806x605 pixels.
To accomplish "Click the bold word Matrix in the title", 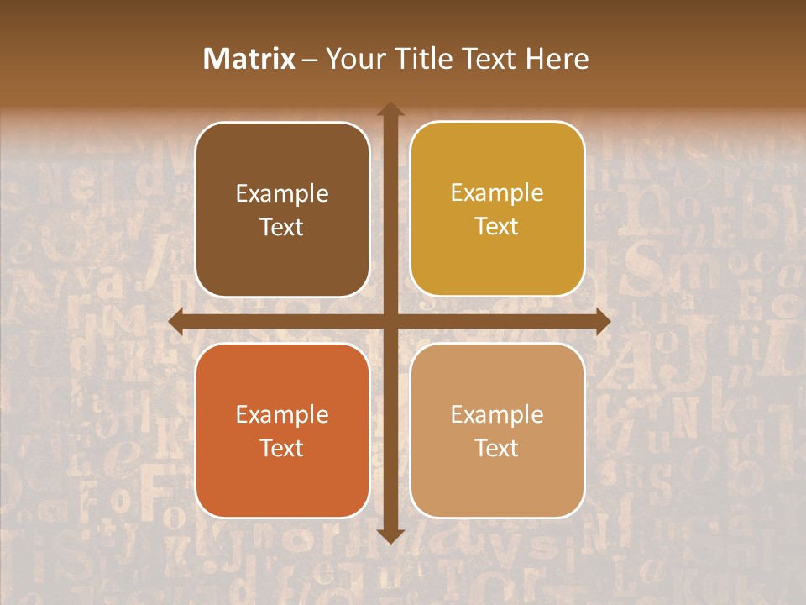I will pos(249,59).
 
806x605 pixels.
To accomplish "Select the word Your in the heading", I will pos(356,59).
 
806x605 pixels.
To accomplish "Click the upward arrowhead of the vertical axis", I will pos(390,109).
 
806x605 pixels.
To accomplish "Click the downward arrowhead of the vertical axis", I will pos(390,535).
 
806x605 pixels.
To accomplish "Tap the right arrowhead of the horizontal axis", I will pos(602,322).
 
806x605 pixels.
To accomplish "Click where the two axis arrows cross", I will pos(390,322).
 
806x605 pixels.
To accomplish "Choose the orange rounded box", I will pos(282,479).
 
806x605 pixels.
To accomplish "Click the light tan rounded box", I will pos(497,479).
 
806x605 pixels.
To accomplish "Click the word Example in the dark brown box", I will pos(282,194).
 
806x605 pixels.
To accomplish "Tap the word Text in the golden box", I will pos(497,227).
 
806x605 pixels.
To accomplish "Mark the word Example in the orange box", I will pos(282,415).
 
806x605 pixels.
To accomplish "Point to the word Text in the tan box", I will pos(497,448).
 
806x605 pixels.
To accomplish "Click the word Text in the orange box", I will pos(282,448).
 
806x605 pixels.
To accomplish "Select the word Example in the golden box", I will pos(497,193).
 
